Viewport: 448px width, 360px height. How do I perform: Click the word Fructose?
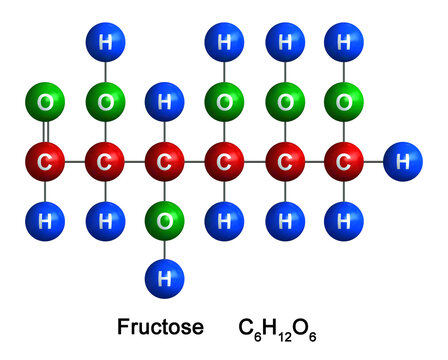160,326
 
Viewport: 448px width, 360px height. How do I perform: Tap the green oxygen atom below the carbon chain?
164,216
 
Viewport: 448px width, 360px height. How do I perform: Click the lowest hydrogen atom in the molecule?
164,272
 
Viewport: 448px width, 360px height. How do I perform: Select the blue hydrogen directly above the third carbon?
164,103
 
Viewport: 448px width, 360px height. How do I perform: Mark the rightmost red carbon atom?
344,160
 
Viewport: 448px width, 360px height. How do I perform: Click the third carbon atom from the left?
164,160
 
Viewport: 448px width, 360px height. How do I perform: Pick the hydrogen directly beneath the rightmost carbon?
344,216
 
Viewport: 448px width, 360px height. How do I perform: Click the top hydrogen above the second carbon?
105,45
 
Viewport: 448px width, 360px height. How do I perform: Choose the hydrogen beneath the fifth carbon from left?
285,216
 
